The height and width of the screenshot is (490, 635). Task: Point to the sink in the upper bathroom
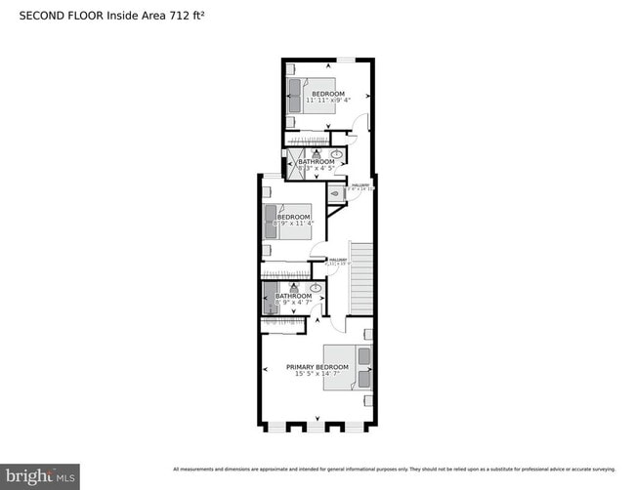(x=337, y=154)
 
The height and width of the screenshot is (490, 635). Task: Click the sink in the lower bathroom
(x=316, y=288)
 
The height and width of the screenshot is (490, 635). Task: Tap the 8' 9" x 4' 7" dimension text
(x=292, y=303)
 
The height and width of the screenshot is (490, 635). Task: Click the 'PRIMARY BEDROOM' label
(x=317, y=367)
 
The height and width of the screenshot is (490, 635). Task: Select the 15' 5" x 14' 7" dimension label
(x=317, y=374)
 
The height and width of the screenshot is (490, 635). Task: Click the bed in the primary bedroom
(x=349, y=367)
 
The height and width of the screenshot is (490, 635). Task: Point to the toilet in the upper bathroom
(x=316, y=153)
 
